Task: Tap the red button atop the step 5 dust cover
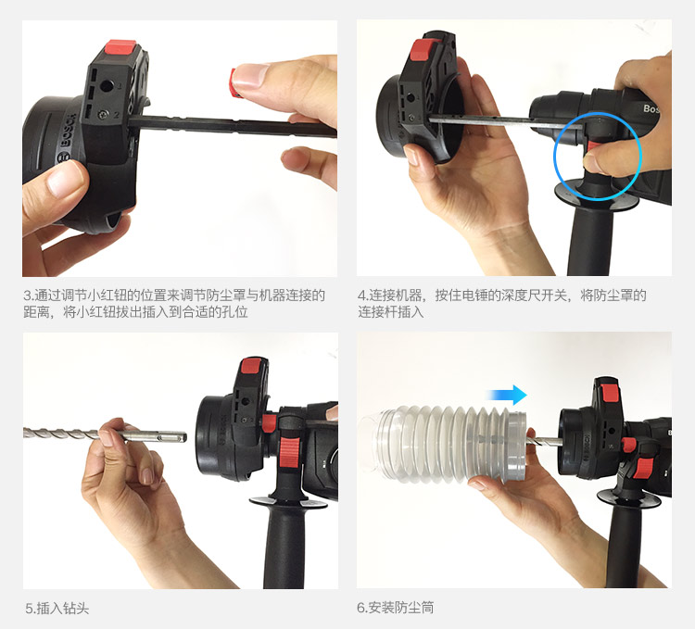point(251,367)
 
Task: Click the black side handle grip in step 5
point(283,547)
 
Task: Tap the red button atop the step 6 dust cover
point(608,387)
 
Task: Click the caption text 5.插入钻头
point(57,609)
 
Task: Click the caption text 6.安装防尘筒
point(396,609)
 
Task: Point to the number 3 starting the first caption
point(28,296)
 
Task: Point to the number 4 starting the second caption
point(360,296)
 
